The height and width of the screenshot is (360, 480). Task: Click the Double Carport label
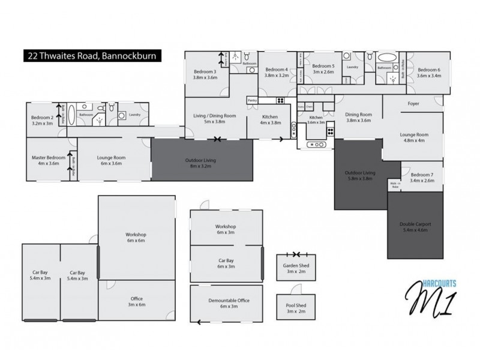(x=415, y=227)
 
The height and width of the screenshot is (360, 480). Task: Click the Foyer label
(x=413, y=103)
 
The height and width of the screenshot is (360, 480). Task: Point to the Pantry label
(x=253, y=100)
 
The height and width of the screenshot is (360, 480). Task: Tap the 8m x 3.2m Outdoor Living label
(x=201, y=163)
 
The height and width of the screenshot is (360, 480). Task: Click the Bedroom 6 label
(x=429, y=73)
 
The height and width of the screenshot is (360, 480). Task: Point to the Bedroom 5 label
(x=323, y=68)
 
